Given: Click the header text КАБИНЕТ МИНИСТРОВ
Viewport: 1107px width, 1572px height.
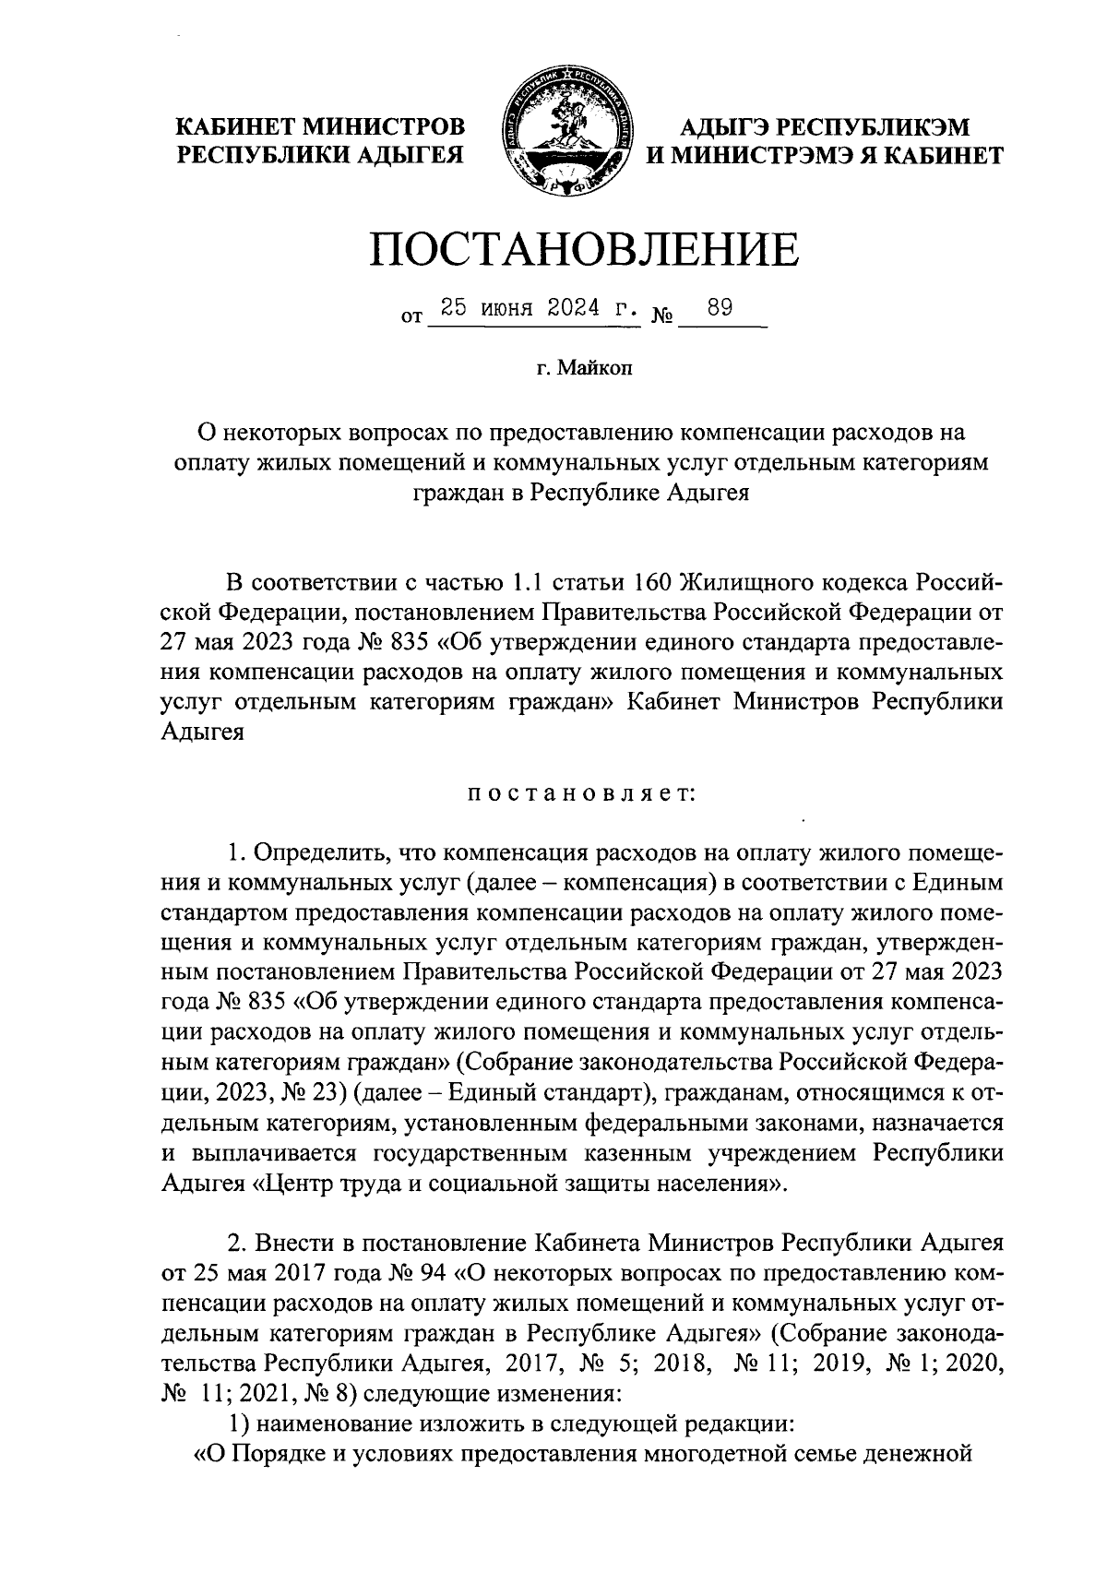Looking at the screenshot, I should [x=321, y=125].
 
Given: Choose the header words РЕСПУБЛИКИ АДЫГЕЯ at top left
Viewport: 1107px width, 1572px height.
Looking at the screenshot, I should [x=320, y=155].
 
